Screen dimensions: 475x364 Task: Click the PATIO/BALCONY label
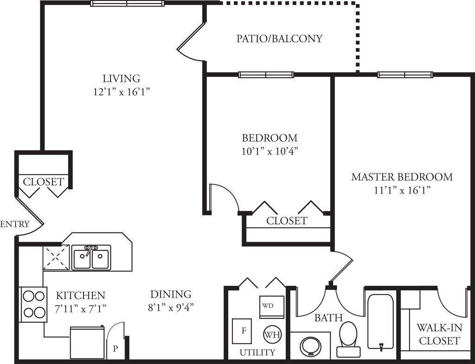click(279, 39)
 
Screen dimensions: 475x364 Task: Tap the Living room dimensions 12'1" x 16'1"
click(122, 92)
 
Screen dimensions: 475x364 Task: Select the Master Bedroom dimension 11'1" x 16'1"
click(402, 190)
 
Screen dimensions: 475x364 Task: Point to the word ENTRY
click(15, 224)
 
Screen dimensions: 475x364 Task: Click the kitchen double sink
click(91, 257)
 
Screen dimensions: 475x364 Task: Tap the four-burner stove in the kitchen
click(33, 304)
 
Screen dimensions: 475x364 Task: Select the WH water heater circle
click(272, 334)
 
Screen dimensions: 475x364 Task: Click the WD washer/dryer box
click(272, 307)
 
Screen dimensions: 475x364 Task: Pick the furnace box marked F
click(242, 331)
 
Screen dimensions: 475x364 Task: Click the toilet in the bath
click(348, 339)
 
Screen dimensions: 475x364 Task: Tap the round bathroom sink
click(310, 346)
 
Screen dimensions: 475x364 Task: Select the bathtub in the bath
click(381, 322)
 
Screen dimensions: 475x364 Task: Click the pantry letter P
click(115, 349)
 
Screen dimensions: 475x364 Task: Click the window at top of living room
click(127, 4)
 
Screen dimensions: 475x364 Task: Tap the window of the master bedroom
click(405, 75)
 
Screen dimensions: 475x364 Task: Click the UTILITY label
click(257, 352)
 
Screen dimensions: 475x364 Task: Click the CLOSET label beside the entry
click(44, 182)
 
